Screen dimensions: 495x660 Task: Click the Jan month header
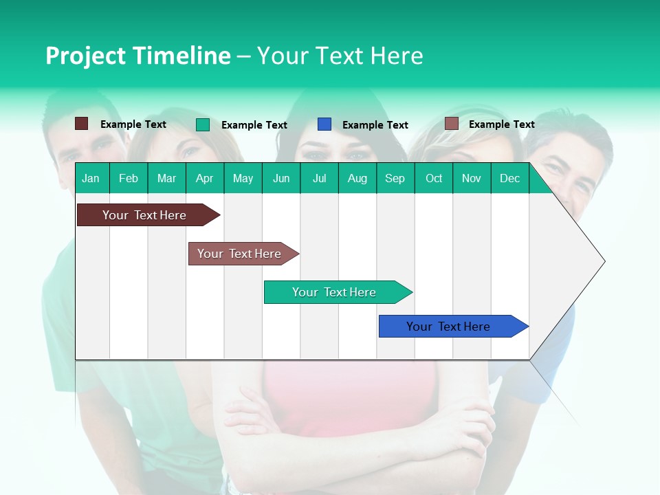[91, 179]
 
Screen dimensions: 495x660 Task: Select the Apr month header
[205, 179]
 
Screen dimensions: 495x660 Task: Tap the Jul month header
[319, 179]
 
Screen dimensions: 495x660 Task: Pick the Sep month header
[395, 179]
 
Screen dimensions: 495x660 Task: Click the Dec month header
[509, 179]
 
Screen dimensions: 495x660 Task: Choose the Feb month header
[129, 179]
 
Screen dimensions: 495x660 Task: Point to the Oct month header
[434, 179]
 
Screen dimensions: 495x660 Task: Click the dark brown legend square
[82, 124]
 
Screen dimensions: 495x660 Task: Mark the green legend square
[203, 124]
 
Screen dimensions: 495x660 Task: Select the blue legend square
[324, 124]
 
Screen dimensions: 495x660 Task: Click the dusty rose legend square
[452, 124]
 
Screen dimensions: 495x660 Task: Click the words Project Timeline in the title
[138, 56]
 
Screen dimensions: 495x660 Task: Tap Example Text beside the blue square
[375, 125]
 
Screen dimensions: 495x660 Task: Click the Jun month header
[281, 179]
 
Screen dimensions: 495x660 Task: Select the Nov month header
[472, 179]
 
